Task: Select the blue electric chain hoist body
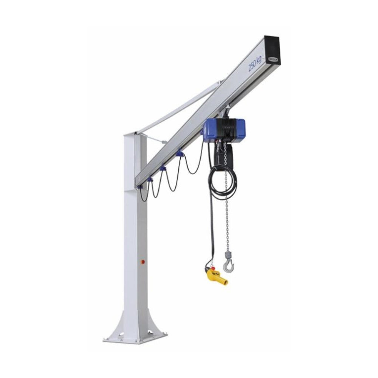tap(224, 130)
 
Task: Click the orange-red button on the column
tap(143, 261)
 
